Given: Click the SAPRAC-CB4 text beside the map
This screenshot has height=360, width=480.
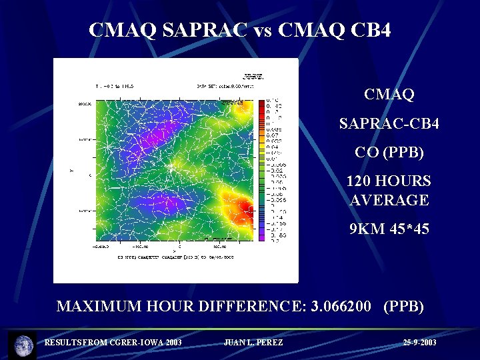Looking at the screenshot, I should pos(389,123).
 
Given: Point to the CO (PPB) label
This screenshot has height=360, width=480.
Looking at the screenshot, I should pos(389,152).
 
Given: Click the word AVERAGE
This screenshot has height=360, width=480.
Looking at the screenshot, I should pos(389,200).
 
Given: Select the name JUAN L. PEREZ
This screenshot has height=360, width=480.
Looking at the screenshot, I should pos(253,343).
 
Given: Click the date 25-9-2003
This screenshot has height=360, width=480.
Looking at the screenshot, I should pos(419,343).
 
